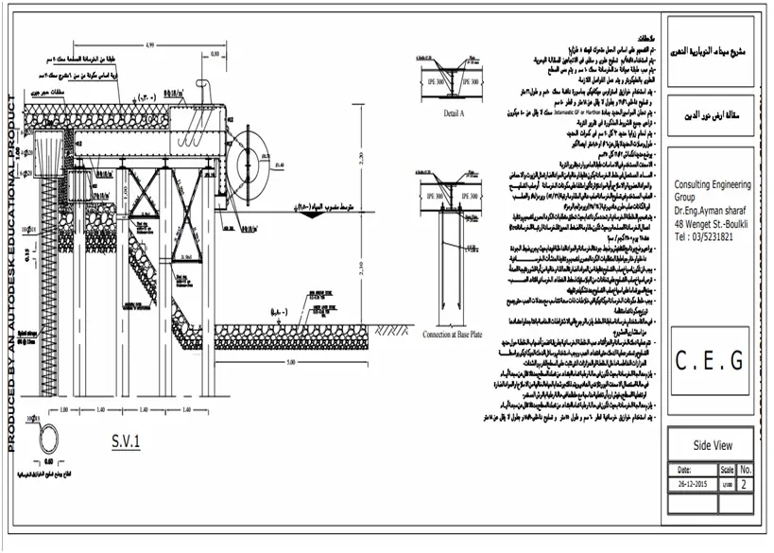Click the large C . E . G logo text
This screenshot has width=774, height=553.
pyautogui.click(x=711, y=360)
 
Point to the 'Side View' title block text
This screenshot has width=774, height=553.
pyautogui.click(x=710, y=445)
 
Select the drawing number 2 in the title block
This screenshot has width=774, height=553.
pyautogui.click(x=746, y=483)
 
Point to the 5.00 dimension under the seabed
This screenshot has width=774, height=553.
pyautogui.click(x=291, y=362)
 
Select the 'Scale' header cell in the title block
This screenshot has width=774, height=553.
pyautogui.click(x=726, y=468)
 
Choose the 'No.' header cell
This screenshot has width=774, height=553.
pyautogui.click(x=746, y=468)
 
